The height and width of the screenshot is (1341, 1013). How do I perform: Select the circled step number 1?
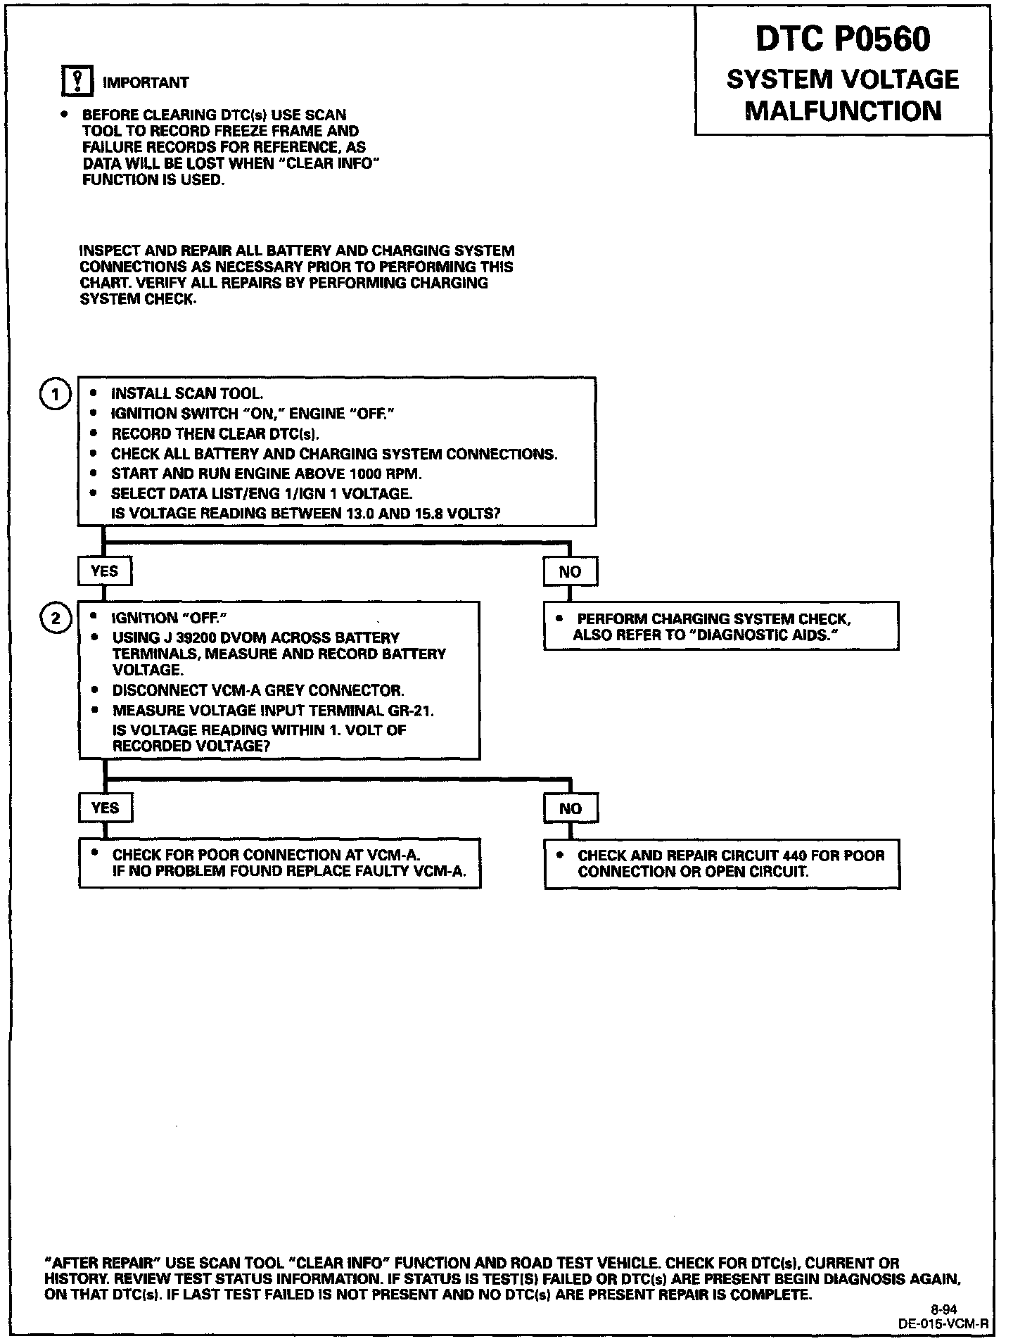click(55, 394)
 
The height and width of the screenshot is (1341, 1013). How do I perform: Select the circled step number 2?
click(55, 619)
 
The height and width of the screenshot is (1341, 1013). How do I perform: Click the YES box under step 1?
click(104, 571)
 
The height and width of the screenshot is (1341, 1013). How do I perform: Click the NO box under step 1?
click(570, 571)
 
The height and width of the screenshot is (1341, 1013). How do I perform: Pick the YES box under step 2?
click(105, 808)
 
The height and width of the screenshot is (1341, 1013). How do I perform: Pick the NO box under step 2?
click(571, 808)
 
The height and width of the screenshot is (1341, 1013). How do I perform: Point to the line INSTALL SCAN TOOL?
click(187, 394)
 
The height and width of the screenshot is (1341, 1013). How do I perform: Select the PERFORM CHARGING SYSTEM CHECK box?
click(721, 626)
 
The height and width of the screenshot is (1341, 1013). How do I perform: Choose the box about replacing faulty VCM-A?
click(280, 863)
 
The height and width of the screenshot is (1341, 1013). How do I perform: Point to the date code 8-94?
click(943, 1309)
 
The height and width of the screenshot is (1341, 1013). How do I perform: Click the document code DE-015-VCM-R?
click(943, 1323)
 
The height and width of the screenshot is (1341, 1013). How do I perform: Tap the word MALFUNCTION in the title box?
click(843, 111)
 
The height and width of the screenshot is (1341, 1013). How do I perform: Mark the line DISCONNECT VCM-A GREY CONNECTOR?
click(258, 690)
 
